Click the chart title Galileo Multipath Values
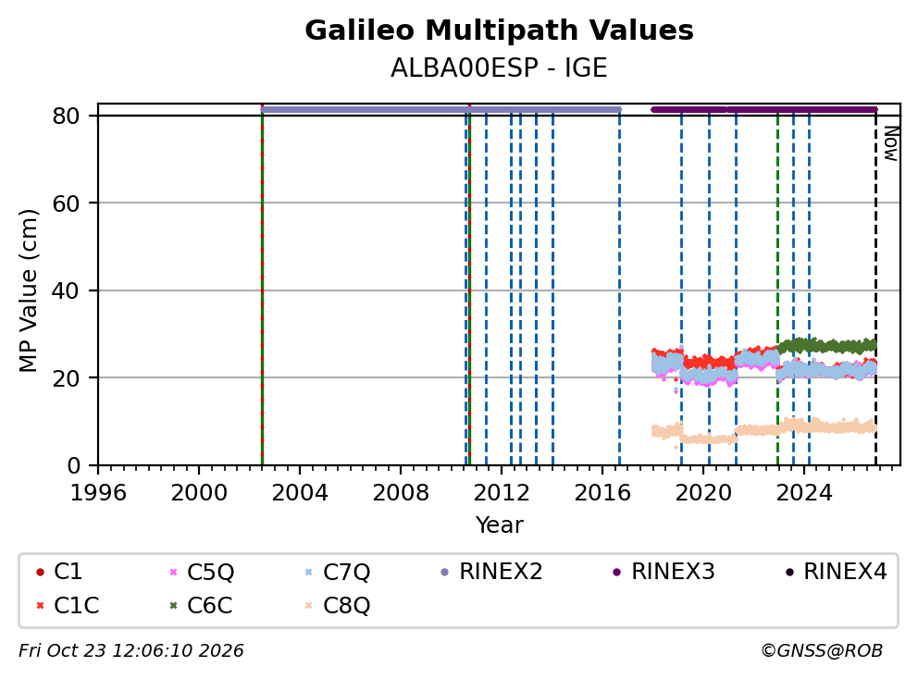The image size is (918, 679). click(x=499, y=31)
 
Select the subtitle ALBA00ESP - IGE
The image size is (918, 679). click(x=499, y=68)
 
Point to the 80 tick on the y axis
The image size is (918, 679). click(x=66, y=116)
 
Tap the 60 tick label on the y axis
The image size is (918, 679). click(x=66, y=204)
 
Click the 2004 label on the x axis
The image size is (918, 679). click(x=300, y=493)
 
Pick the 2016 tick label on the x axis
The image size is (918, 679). click(x=602, y=493)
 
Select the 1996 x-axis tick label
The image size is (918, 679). click(x=98, y=493)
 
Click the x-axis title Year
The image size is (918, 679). click(x=500, y=525)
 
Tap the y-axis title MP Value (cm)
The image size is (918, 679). click(x=28, y=290)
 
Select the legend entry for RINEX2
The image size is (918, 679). click(x=491, y=572)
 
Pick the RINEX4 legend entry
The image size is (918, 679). click(x=837, y=572)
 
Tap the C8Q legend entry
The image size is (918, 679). click(x=337, y=605)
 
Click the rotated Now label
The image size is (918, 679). click(x=891, y=143)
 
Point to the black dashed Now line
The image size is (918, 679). click(x=875, y=287)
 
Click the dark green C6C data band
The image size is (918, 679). click(x=826, y=345)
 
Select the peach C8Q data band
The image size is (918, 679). click(x=764, y=430)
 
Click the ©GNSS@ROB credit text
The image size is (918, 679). click(x=822, y=650)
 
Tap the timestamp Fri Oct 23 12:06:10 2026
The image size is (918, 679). click(x=131, y=650)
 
